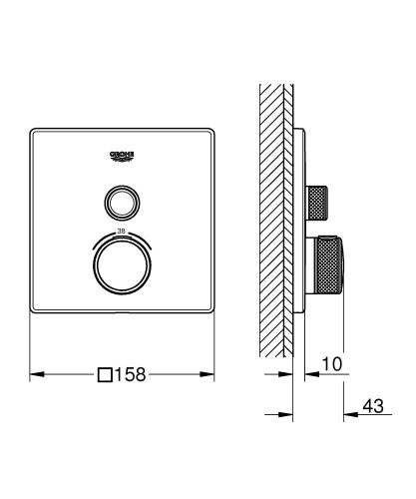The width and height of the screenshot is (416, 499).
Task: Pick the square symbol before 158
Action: pyautogui.click(x=106, y=375)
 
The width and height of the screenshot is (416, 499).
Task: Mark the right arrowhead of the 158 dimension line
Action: pyautogui.click(x=212, y=375)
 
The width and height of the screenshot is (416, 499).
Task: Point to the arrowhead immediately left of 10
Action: pyautogui.click(x=302, y=375)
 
